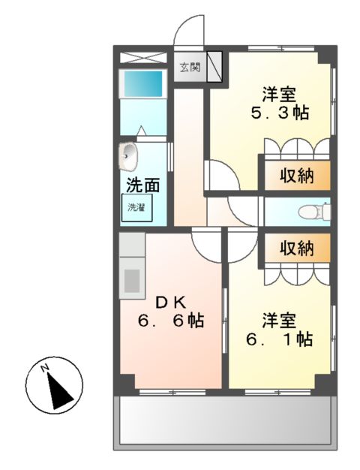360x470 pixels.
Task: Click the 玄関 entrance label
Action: pos(190,68)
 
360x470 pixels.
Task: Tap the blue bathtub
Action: pos(143,83)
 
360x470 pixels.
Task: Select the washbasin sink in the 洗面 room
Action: pos(128,156)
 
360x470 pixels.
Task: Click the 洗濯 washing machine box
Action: pos(136,208)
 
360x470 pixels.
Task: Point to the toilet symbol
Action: pos(314,211)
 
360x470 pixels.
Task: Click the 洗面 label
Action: pos(142,185)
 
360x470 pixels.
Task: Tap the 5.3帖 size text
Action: pos(280,113)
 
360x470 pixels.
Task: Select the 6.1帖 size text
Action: pos(280,339)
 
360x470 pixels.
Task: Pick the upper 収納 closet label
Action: pos(297,176)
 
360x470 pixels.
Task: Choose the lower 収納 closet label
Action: pos(297,249)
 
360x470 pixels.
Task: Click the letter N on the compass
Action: pos(45,367)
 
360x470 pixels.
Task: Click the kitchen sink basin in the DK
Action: pos(132,281)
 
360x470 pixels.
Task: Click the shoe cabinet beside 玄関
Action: pos(214,67)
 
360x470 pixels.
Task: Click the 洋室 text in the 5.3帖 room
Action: pos(280,94)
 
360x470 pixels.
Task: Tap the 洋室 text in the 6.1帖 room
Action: pos(280,320)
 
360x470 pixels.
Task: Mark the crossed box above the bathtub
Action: pos(143,58)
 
